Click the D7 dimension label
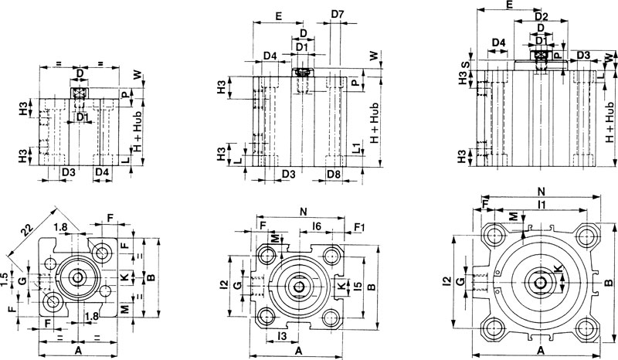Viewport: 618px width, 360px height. (338, 15)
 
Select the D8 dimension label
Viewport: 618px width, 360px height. (333, 175)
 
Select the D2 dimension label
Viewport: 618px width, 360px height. (541, 16)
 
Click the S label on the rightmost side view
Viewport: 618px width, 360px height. (463, 66)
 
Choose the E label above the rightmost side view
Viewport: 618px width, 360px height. (510, 5)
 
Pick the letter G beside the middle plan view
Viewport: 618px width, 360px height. (238, 286)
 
